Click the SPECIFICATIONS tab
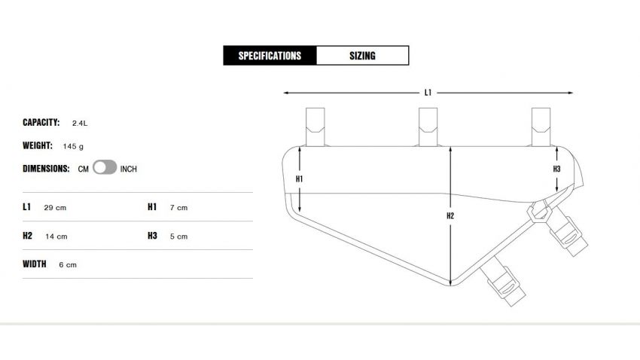[x=270, y=56]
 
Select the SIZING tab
[x=362, y=56]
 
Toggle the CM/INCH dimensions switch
[x=105, y=168]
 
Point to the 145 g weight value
[x=73, y=146]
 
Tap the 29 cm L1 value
[x=55, y=207]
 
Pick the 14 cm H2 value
[x=55, y=236]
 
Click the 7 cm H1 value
[x=178, y=207]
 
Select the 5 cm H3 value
[x=178, y=236]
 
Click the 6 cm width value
[x=68, y=265]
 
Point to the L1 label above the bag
[x=428, y=93]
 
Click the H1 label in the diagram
[x=299, y=179]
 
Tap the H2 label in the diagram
[x=450, y=216]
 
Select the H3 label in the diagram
[x=556, y=169]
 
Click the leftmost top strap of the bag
[x=315, y=127]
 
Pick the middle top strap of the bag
[x=428, y=127]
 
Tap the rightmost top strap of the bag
[x=541, y=127]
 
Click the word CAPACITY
[x=41, y=122]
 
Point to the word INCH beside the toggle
[x=129, y=169]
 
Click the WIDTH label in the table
[x=35, y=264]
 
